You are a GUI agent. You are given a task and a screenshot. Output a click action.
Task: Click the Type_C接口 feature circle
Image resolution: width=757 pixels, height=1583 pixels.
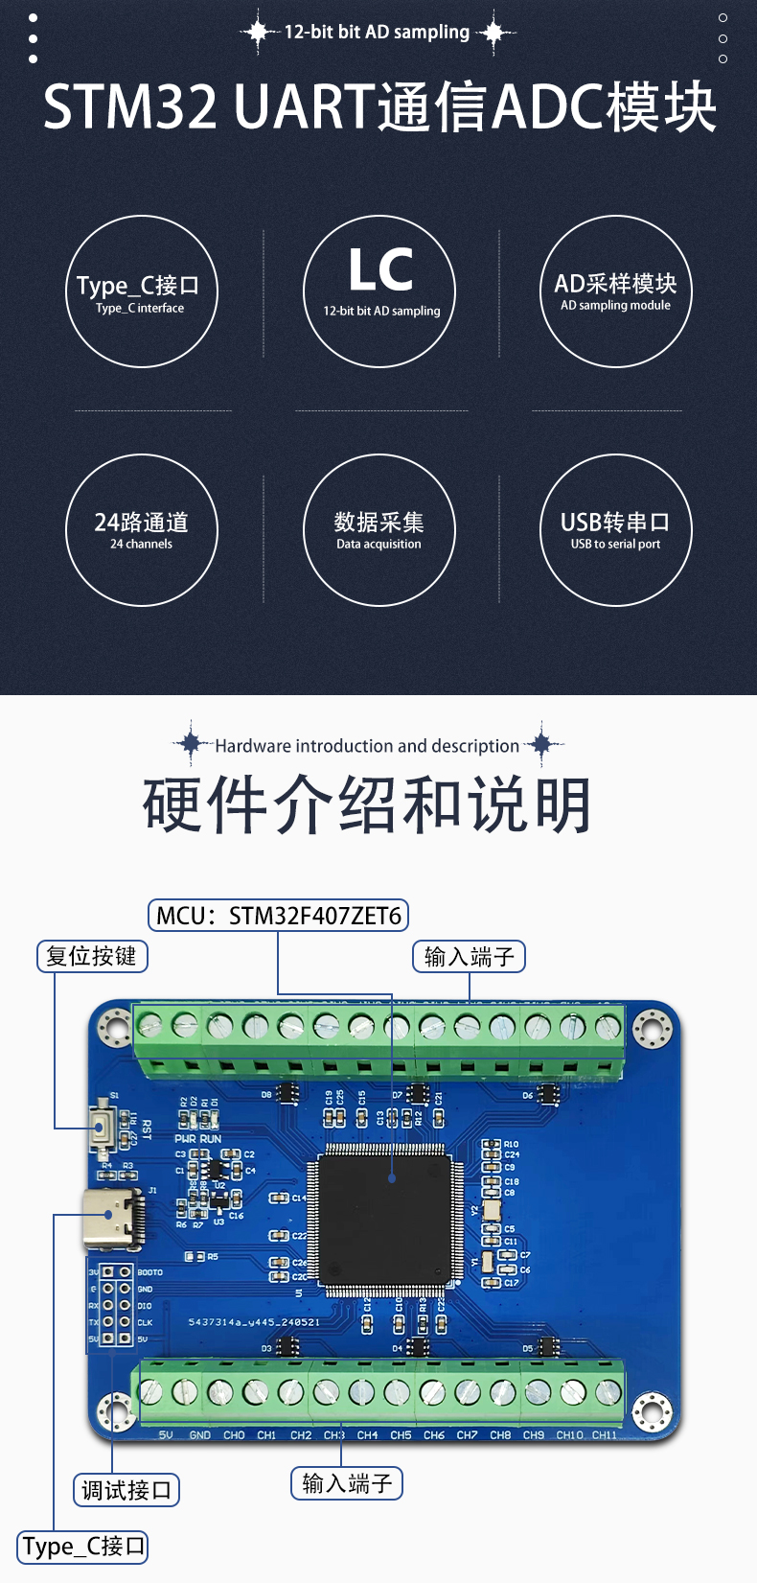click(142, 291)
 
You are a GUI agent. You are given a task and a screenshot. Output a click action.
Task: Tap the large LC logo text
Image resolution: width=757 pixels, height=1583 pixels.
click(380, 270)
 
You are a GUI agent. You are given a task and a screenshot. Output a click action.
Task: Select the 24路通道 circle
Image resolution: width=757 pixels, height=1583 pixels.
click(142, 529)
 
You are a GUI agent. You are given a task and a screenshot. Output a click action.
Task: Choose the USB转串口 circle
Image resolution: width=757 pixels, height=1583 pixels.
click(615, 529)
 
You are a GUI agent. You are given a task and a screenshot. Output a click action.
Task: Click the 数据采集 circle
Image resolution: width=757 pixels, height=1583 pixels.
click(378, 529)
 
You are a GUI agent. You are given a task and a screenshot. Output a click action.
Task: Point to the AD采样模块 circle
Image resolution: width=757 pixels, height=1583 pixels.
click(615, 291)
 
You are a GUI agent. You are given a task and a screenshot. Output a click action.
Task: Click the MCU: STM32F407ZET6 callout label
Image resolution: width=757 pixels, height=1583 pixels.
click(278, 916)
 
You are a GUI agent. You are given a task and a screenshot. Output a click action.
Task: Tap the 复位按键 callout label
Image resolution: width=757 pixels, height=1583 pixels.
click(92, 956)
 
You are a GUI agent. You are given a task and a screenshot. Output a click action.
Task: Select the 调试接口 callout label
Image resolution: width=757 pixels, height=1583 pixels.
click(126, 1490)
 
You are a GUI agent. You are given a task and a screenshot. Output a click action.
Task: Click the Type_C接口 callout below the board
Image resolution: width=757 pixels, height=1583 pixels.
click(83, 1547)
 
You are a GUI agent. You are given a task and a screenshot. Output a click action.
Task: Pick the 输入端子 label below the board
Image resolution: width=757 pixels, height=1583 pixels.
click(347, 1483)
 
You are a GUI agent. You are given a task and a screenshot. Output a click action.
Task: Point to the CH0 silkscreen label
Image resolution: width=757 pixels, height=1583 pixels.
click(234, 1435)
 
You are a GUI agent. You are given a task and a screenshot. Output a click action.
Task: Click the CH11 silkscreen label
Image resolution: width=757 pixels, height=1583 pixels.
click(604, 1435)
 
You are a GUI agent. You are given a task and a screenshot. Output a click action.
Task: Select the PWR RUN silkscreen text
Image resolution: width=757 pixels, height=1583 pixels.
click(197, 1139)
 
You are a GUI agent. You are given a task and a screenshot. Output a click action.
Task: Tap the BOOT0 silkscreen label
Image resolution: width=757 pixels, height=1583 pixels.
click(149, 1272)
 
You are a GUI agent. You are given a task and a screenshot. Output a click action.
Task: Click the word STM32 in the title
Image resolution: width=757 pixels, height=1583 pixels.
click(130, 106)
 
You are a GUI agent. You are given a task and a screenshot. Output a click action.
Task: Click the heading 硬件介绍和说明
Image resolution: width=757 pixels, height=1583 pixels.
click(367, 804)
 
